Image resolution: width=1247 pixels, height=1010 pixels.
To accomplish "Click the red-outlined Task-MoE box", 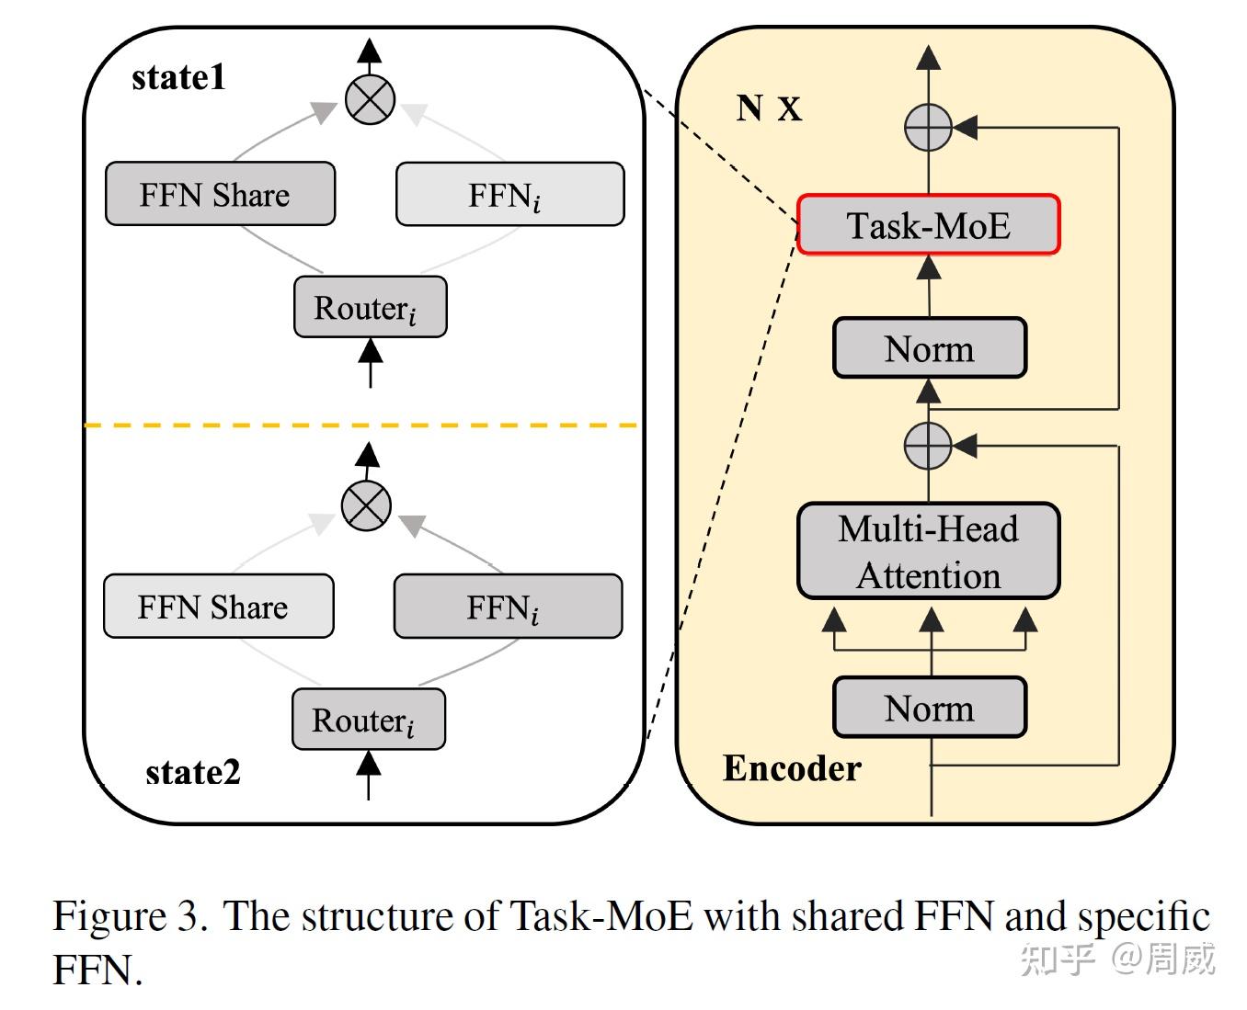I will tap(928, 224).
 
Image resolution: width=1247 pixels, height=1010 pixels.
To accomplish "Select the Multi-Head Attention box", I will tap(928, 551).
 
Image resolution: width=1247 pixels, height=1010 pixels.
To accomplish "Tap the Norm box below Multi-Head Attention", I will tap(929, 708).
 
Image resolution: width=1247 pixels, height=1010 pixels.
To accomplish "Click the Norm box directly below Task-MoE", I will tap(929, 348).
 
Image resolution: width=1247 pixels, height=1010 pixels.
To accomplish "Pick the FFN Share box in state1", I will tap(220, 194).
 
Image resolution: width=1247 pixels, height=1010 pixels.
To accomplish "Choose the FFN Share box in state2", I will tap(218, 607).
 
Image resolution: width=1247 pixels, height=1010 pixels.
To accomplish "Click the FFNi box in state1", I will tap(509, 194).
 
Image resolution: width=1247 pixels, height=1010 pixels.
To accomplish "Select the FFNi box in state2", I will tap(508, 607).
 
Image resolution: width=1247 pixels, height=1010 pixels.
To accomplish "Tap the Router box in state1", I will tap(370, 307).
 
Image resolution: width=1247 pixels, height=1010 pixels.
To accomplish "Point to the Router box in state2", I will tap(368, 720).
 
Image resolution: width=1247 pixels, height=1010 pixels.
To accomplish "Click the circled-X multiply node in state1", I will tap(370, 99).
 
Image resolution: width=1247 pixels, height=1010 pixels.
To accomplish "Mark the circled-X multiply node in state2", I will tap(366, 505).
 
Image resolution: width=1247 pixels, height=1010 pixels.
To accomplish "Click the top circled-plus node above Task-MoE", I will tap(928, 128).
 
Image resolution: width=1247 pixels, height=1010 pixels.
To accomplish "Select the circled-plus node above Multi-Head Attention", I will tap(928, 446).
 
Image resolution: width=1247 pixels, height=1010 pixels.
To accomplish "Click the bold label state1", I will tap(178, 77).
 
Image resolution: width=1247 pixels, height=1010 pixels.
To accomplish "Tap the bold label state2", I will tap(193, 772).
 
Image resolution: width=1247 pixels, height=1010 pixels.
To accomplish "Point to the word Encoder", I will tap(792, 768).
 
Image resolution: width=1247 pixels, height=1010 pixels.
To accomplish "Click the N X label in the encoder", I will tap(769, 108).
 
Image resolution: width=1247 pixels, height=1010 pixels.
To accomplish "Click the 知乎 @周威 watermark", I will tap(1117, 959).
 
